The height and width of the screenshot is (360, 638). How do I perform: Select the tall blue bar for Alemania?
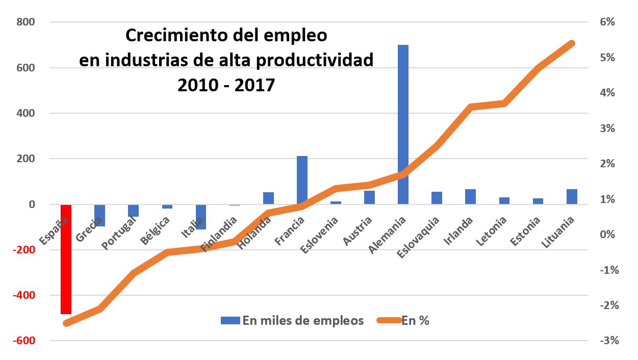tap(403, 124)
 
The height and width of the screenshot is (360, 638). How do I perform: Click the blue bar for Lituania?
tap(572, 197)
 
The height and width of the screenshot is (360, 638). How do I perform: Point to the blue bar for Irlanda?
tap(470, 197)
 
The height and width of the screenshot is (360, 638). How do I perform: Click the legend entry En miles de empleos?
tap(292, 320)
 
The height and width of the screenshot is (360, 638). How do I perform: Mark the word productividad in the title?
tap(314, 60)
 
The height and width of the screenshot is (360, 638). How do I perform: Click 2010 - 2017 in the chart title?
tap(226, 85)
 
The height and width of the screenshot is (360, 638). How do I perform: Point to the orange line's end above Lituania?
tap(572, 43)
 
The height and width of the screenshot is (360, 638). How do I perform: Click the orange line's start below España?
tap(66, 323)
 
